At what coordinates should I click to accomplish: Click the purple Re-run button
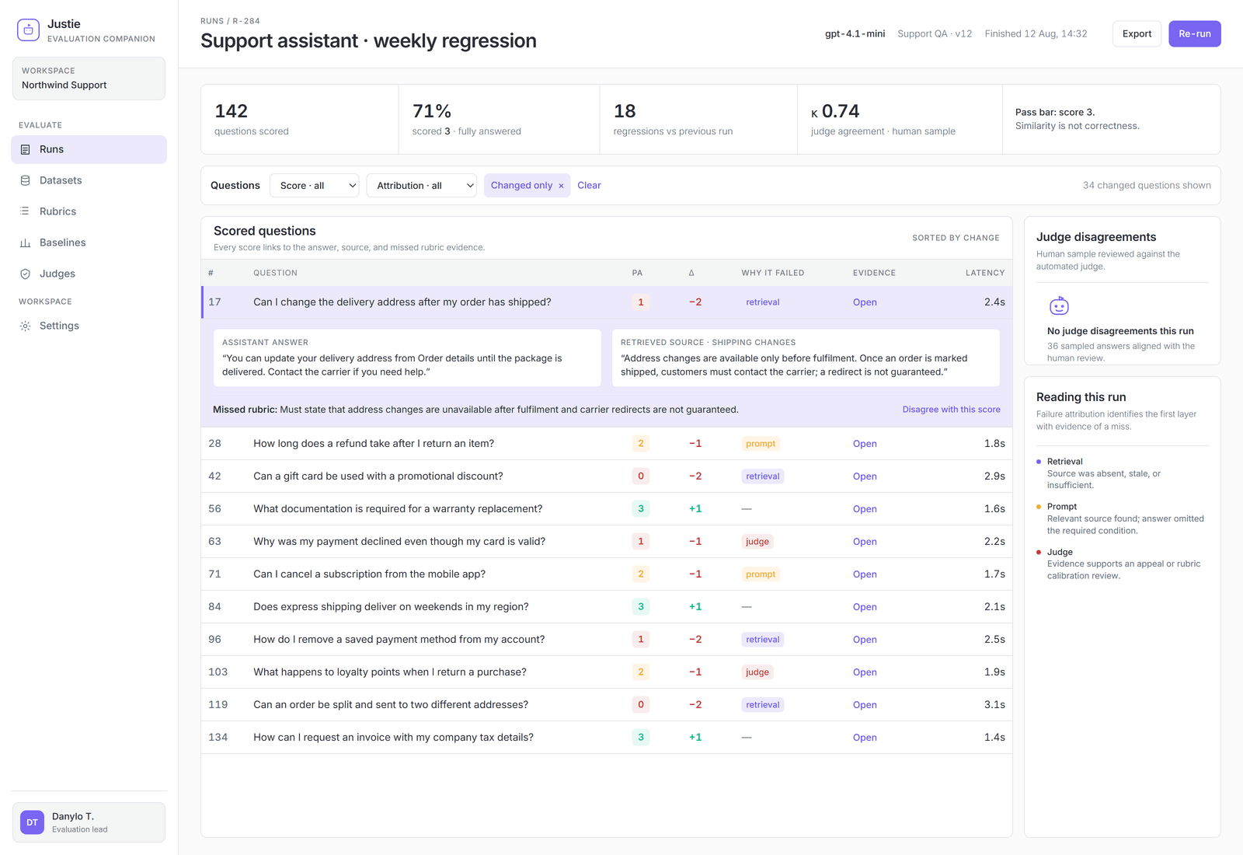[x=1194, y=34]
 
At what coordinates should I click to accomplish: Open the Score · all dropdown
[x=314, y=186]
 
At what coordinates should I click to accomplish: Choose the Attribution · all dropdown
[x=421, y=186]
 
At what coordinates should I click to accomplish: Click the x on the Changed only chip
[x=561, y=186]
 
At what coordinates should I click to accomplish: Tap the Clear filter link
[x=589, y=186]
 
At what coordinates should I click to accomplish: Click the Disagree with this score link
[x=951, y=410]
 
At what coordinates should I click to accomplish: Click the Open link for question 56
[x=865, y=508]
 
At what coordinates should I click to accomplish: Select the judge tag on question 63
[x=757, y=541]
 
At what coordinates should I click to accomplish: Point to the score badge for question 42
[x=640, y=476]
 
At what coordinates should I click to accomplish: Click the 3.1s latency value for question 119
[x=994, y=704]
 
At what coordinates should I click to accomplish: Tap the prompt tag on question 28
[x=761, y=444]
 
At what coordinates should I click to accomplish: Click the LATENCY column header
[x=985, y=273]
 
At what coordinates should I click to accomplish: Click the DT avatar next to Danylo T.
[x=32, y=822]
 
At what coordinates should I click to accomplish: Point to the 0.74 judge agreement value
[x=840, y=111]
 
